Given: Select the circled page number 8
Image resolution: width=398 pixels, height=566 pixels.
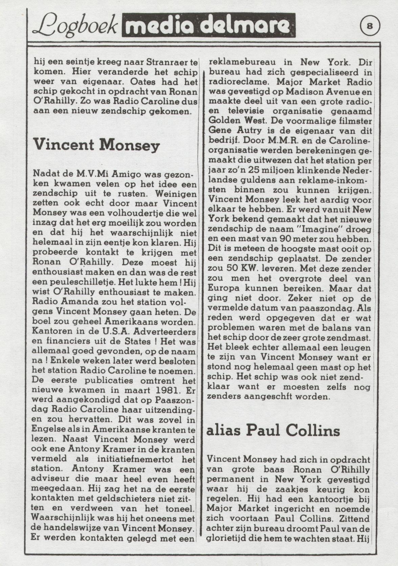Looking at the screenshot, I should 370,26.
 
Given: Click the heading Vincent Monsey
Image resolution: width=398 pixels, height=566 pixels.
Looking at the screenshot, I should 96,145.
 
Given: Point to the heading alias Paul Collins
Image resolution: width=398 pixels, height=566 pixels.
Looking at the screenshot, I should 273,431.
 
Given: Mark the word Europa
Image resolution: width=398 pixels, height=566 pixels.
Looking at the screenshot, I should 224,288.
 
